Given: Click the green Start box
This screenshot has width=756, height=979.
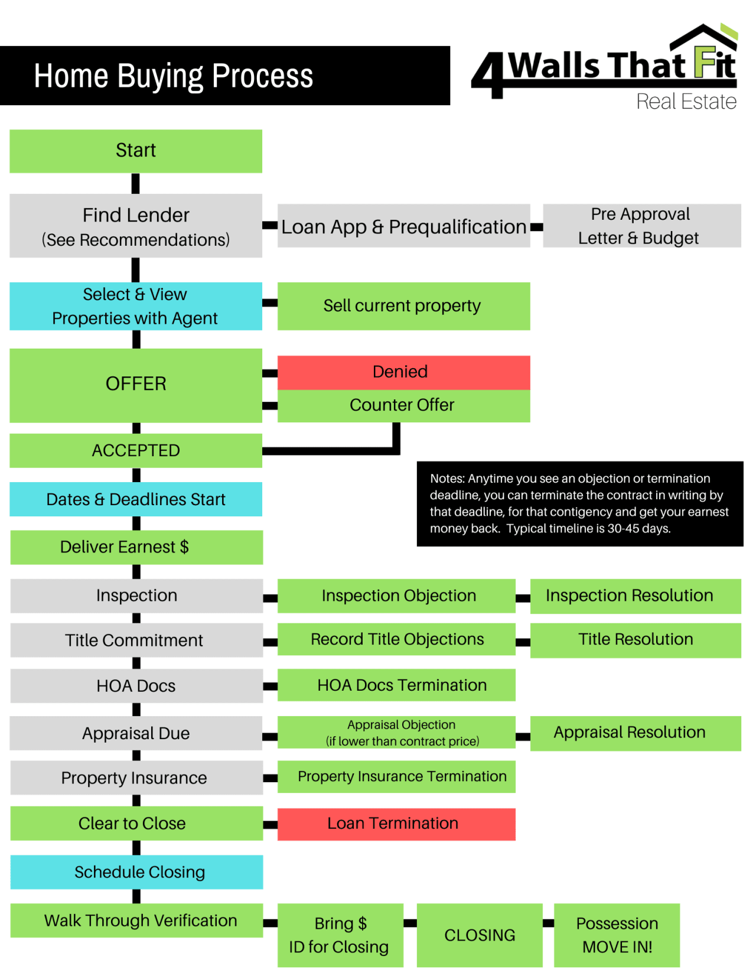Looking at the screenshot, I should [x=136, y=151].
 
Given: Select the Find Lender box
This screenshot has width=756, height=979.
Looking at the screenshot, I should [x=136, y=226].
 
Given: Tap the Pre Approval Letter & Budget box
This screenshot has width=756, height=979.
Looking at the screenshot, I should [x=641, y=226].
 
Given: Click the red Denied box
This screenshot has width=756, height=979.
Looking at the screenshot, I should [x=403, y=372].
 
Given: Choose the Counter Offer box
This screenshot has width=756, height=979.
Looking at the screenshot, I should [x=403, y=405].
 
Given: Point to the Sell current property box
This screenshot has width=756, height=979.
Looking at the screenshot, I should [x=403, y=306].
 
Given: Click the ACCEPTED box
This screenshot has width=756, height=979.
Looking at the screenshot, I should [x=136, y=451].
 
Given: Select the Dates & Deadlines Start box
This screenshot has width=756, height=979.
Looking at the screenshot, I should [x=136, y=499].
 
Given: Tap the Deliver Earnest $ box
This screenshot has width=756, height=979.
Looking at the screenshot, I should [x=136, y=547].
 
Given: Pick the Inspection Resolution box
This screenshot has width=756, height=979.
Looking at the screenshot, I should [x=635, y=596].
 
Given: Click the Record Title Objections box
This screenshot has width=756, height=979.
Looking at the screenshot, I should [x=396, y=639].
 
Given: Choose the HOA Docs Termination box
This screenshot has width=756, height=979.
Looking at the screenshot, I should [x=396, y=685].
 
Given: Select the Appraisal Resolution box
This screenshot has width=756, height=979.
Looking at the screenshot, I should [x=635, y=733].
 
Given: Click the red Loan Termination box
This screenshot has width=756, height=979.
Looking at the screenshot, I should [x=396, y=824].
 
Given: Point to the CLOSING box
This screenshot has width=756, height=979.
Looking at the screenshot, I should [x=479, y=935].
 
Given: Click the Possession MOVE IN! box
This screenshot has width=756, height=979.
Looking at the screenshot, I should [x=617, y=935].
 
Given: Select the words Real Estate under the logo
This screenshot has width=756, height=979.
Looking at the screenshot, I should [x=686, y=102].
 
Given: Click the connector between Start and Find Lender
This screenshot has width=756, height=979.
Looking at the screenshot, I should [x=135, y=183].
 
